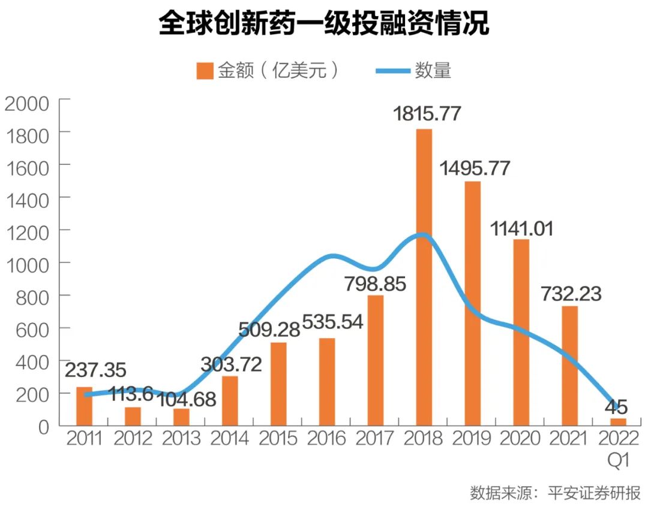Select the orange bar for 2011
coord(85,406)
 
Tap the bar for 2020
coord(521,332)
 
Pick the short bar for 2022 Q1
coord(618,421)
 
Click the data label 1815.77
coord(427,113)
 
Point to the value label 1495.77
coord(475,168)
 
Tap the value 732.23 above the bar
coord(571,294)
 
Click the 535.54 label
coord(332,322)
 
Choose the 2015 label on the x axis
coord(278,439)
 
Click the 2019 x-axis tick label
coord(473,439)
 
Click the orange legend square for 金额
coord(205,71)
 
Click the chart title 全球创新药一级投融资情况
coord(323,25)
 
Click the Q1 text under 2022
coord(618,460)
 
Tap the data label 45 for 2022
coord(616,408)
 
